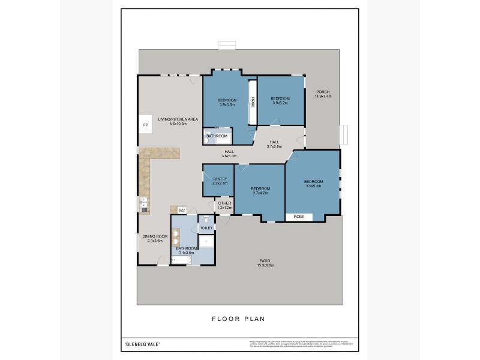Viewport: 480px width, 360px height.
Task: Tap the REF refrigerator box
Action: [182, 210]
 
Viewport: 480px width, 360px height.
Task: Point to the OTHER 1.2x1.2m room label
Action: [225, 205]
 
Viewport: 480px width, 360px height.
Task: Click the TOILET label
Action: [206, 228]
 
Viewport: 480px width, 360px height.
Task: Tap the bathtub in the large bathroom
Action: [184, 259]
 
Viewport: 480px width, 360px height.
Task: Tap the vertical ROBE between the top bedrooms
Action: [253, 101]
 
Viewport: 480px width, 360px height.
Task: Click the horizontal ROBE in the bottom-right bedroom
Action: [298, 217]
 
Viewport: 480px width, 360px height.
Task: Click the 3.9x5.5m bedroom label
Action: [226, 102]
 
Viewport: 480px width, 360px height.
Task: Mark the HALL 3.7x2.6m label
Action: [274, 144]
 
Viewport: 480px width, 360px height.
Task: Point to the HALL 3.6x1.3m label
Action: [229, 154]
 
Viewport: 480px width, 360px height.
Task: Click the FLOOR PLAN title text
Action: [238, 319]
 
